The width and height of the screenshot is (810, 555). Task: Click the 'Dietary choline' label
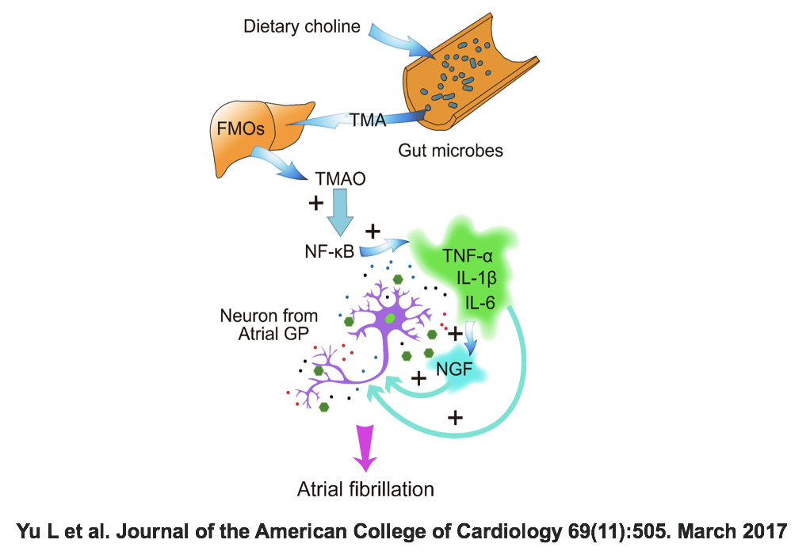point(301,27)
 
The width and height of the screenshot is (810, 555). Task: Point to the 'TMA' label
point(369,121)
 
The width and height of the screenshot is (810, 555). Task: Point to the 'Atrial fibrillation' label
point(365,488)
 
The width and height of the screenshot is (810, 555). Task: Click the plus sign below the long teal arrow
point(455,416)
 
